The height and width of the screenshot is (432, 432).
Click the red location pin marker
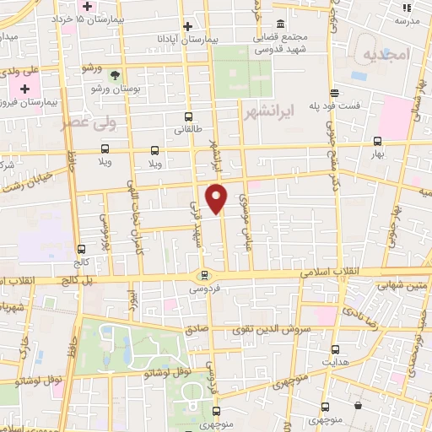[217, 197]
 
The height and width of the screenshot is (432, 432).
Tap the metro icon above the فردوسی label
[203, 274]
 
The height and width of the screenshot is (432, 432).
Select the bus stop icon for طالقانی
[187, 118]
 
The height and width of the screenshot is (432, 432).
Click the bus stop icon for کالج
[81, 249]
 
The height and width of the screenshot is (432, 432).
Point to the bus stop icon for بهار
[377, 142]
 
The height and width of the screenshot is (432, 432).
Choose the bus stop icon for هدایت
[335, 349]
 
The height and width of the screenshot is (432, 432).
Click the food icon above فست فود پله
[335, 93]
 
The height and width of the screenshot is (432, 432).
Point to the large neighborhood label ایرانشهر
[266, 111]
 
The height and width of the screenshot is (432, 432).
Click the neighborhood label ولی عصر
[87, 122]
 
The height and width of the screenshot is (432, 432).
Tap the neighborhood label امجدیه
[386, 54]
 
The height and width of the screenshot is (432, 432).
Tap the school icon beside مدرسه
[406, 7]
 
